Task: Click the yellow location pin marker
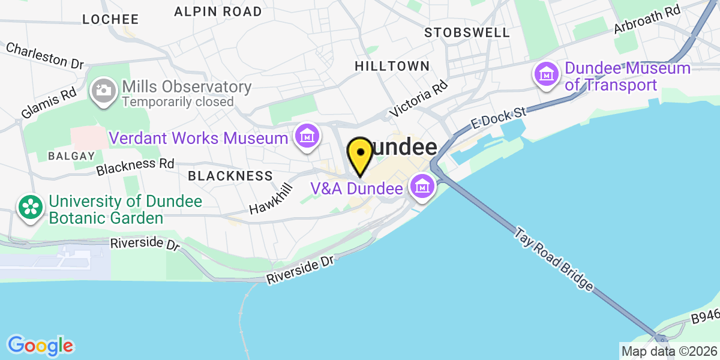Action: pyautogui.click(x=360, y=154)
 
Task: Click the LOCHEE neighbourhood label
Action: pyautogui.click(x=110, y=19)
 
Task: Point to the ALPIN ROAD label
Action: pyautogui.click(x=218, y=11)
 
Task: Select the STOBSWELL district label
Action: pyautogui.click(x=467, y=32)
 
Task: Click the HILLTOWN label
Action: pyautogui.click(x=392, y=66)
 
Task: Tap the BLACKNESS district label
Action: pyautogui.click(x=230, y=176)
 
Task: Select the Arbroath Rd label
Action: pyautogui.click(x=647, y=19)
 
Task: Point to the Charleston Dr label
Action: pyautogui.click(x=45, y=55)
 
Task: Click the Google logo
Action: pyautogui.click(x=40, y=346)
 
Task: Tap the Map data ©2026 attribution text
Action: pyautogui.click(x=669, y=351)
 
